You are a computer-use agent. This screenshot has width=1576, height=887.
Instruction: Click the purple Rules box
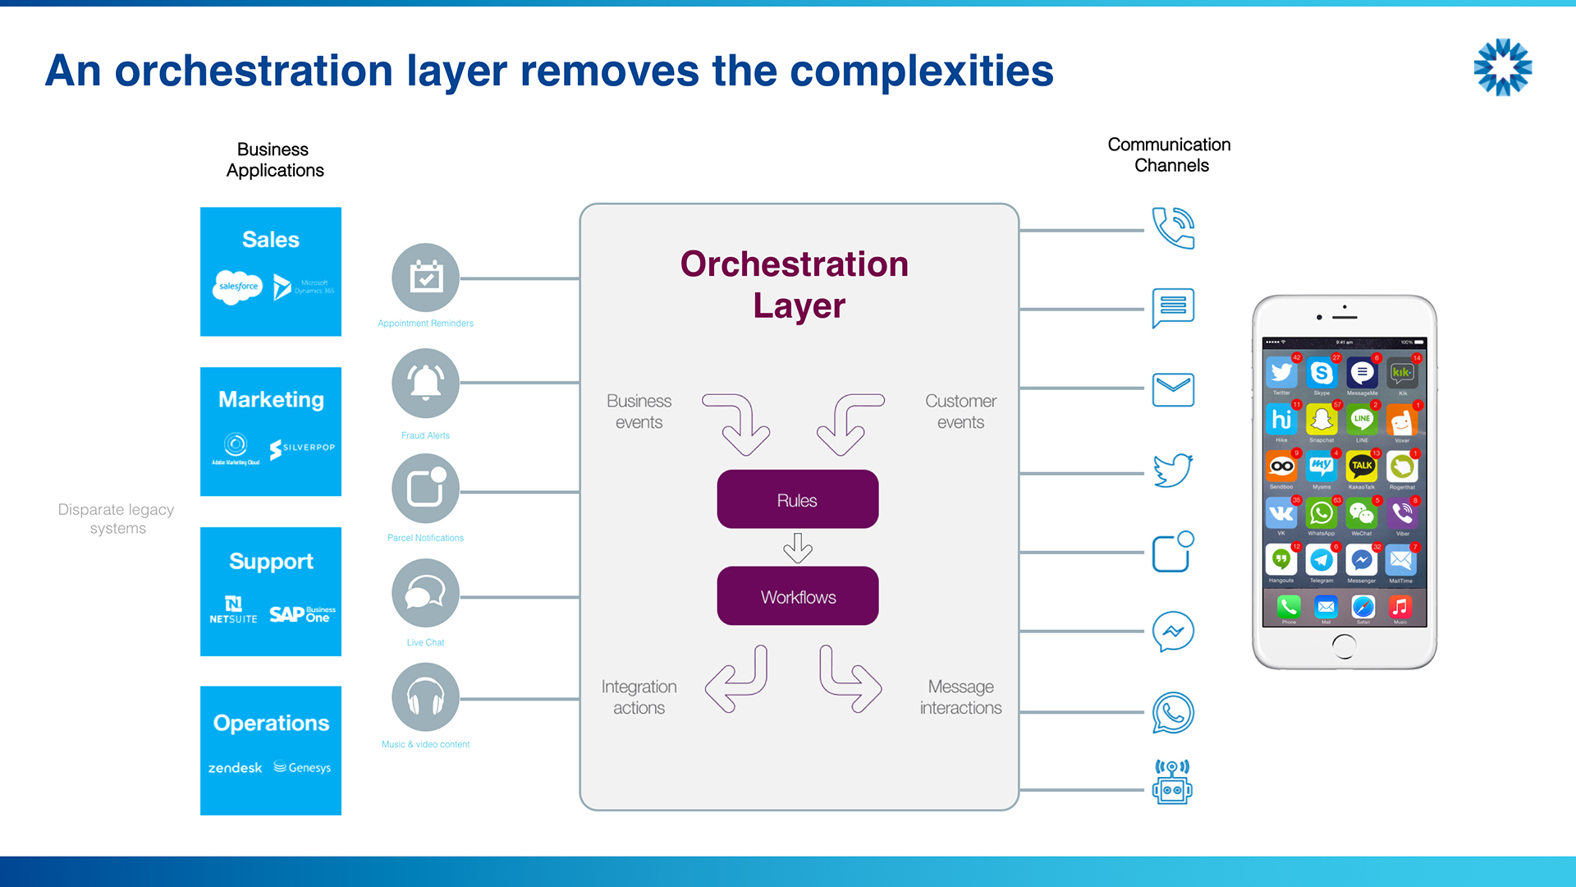(x=797, y=499)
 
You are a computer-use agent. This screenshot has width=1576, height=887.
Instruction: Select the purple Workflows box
(x=797, y=596)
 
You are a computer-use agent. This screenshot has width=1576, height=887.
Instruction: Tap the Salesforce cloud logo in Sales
(x=237, y=287)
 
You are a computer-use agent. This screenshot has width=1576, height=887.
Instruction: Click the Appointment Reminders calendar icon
(x=425, y=278)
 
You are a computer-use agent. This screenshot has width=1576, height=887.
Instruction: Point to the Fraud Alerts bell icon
(x=425, y=383)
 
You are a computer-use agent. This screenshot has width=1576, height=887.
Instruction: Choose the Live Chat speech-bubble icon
(x=425, y=592)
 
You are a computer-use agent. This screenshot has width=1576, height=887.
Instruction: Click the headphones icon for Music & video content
(x=425, y=697)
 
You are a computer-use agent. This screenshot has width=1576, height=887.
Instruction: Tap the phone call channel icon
(x=1173, y=227)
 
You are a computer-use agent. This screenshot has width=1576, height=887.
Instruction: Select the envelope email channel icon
(x=1173, y=389)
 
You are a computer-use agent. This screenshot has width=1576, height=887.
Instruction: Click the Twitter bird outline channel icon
(x=1173, y=470)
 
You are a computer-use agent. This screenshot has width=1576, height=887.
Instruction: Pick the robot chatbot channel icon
(x=1172, y=782)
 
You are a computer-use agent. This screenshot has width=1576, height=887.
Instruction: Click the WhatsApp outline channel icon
(x=1173, y=712)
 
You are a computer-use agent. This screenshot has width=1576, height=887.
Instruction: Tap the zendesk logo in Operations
(x=235, y=768)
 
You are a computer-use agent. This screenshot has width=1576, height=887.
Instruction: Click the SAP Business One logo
(x=302, y=614)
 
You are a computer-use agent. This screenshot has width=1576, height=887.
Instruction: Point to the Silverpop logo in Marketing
(x=302, y=448)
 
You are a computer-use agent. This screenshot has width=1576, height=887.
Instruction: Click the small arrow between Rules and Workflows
(x=797, y=547)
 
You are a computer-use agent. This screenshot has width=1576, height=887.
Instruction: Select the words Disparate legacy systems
(x=117, y=518)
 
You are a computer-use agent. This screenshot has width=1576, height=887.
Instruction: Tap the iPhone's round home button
(x=1344, y=646)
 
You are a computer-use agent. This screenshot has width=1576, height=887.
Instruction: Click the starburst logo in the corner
(x=1503, y=67)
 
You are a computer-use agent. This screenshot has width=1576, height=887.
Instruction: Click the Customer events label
(x=960, y=411)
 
